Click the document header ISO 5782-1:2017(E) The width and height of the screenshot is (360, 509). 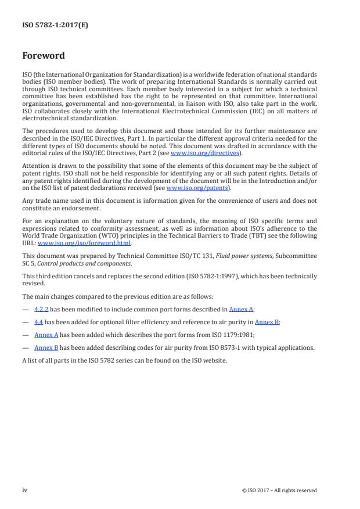[55, 25]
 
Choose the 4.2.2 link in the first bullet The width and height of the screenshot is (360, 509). [41, 310]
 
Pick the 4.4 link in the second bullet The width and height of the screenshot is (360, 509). [39, 321]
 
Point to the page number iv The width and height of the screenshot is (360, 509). [25, 490]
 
